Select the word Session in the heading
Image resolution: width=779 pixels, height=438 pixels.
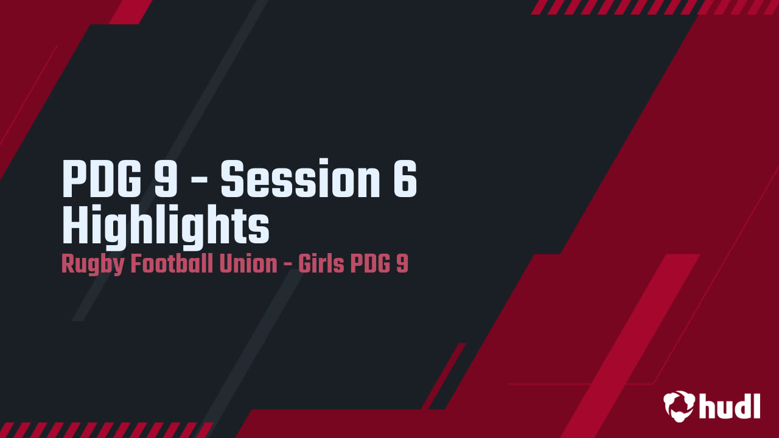pyautogui.click(x=298, y=179)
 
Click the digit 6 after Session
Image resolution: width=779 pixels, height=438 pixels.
pyautogui.click(x=405, y=179)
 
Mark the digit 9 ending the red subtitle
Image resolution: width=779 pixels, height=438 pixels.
pyautogui.click(x=402, y=265)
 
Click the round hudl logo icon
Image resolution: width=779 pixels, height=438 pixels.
pyautogui.click(x=679, y=406)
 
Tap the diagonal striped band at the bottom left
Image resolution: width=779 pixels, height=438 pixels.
pyautogui.click(x=103, y=429)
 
